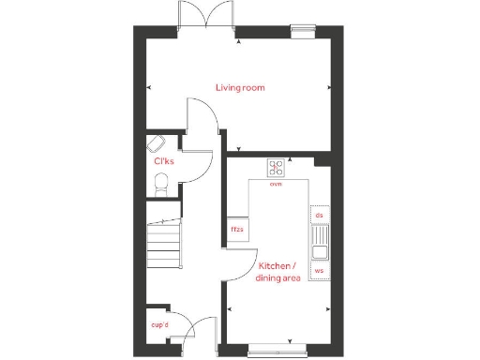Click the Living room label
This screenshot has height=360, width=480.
point(240,88)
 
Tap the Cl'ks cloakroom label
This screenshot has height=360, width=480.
point(164,161)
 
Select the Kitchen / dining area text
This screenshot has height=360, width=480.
point(277,272)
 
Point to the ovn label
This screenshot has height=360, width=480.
point(276,184)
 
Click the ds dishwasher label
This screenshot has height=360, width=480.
point(319,216)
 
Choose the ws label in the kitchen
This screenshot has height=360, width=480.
point(319,271)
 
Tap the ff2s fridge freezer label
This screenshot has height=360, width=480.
point(236,229)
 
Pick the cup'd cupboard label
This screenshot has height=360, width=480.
point(159,325)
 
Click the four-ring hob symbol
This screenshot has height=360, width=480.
point(277,169)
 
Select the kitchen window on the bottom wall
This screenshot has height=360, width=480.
point(277,352)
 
